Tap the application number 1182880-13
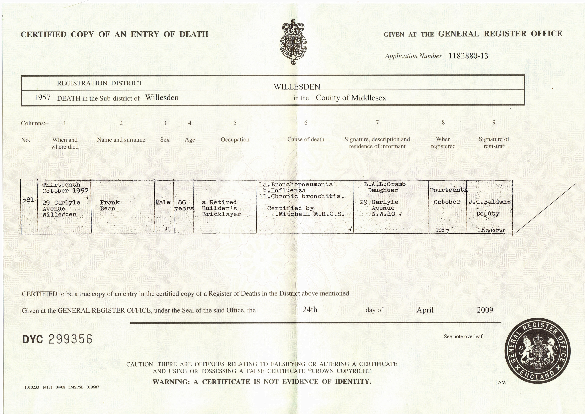click(x=468, y=56)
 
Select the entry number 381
click(x=28, y=200)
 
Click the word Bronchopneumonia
click(x=302, y=184)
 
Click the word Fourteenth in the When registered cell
click(x=448, y=190)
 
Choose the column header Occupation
click(x=235, y=139)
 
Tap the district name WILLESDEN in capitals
click(x=297, y=87)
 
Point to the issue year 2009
click(x=485, y=310)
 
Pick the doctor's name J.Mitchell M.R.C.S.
click(x=308, y=214)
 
